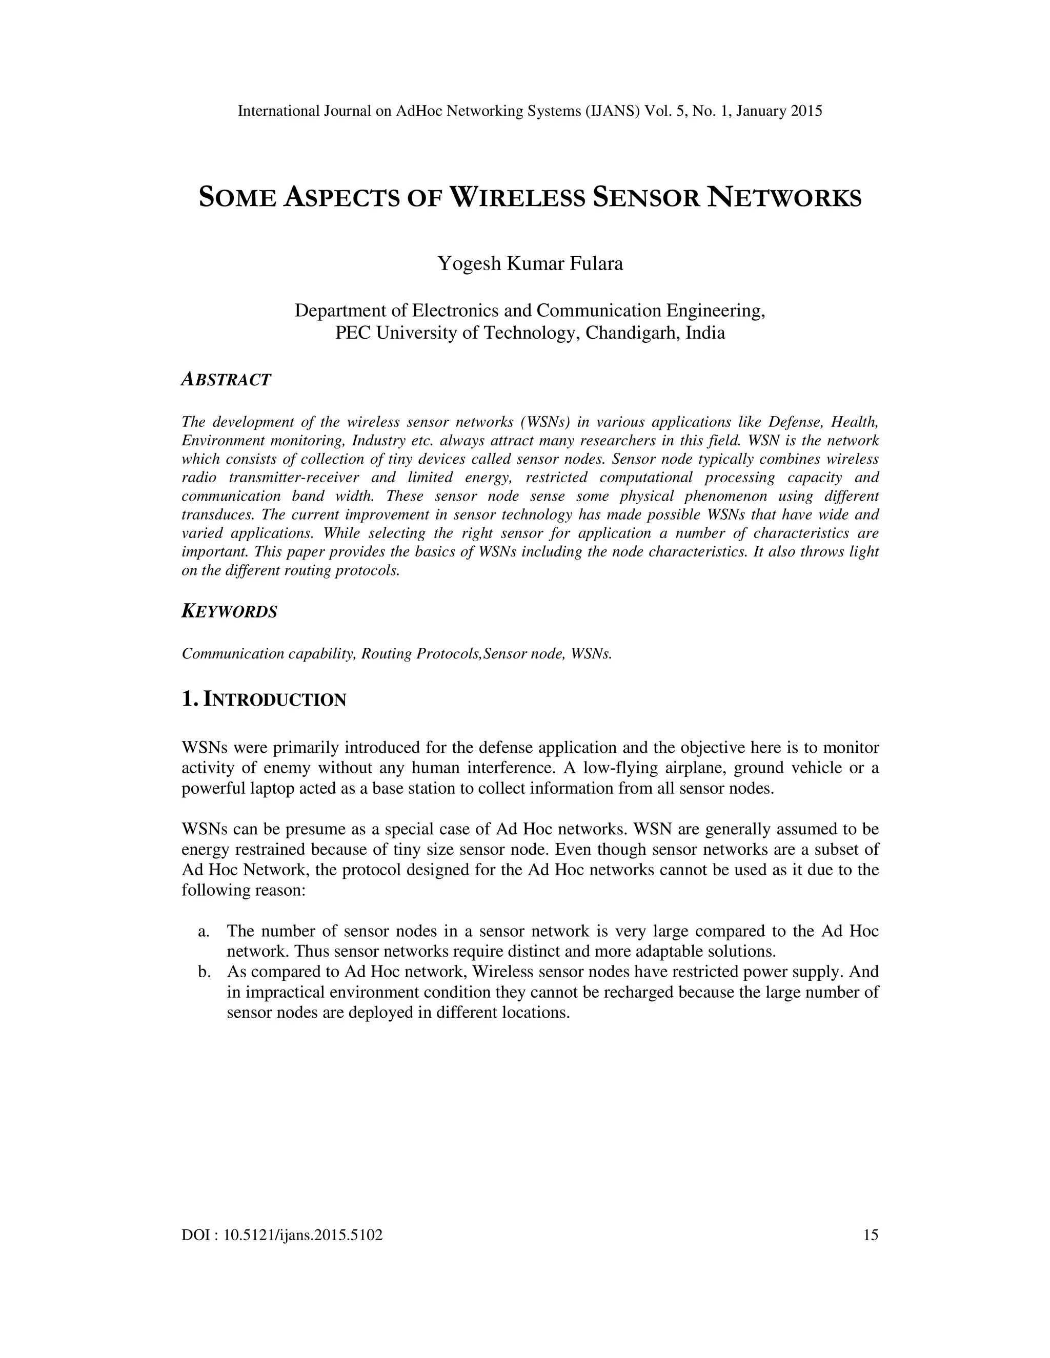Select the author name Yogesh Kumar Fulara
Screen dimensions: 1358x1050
530,263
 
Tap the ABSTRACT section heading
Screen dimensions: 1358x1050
226,379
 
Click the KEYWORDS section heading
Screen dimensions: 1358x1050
229,612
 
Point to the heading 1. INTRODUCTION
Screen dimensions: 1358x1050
264,699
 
